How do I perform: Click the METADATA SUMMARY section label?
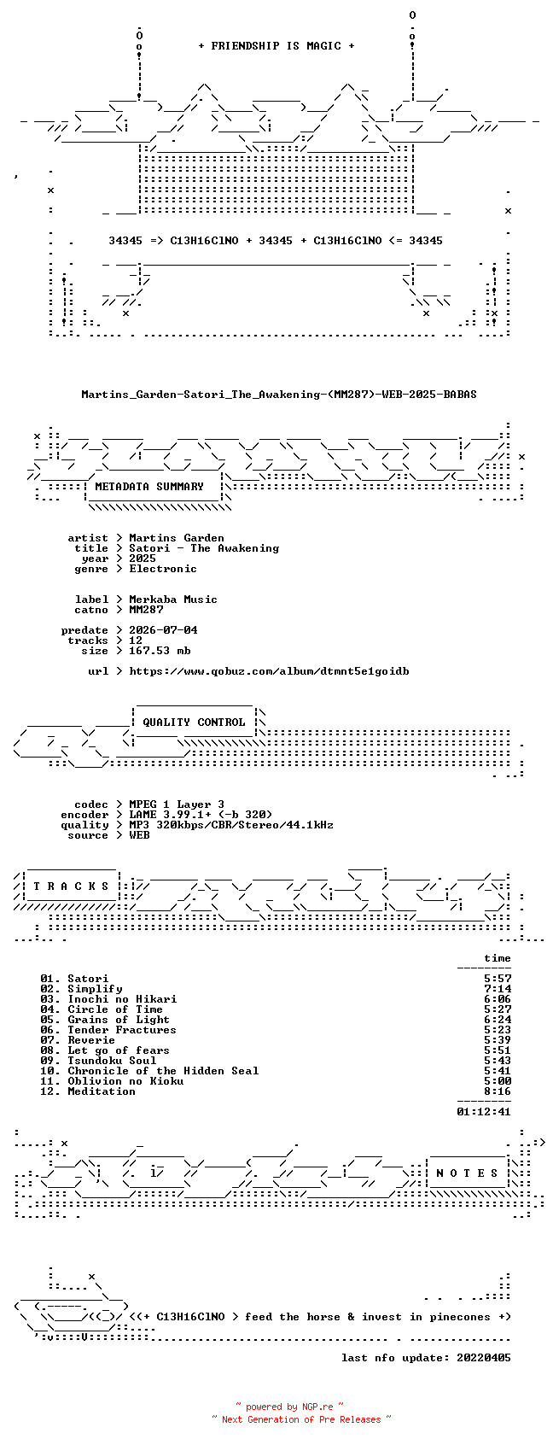(x=148, y=487)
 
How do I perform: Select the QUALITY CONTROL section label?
(x=194, y=722)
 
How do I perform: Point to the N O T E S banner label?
(x=467, y=1173)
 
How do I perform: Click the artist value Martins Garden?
(x=177, y=538)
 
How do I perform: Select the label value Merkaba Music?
(x=173, y=600)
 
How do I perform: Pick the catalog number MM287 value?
(x=146, y=610)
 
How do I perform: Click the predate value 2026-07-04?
(x=163, y=630)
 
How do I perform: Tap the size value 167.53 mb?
(x=160, y=651)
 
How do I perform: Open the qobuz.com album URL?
(x=269, y=671)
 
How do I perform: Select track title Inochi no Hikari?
(x=122, y=999)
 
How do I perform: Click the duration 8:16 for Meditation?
(x=498, y=1091)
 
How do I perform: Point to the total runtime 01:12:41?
(x=484, y=1112)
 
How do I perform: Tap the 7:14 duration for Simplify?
(x=498, y=989)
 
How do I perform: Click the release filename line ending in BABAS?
(x=279, y=395)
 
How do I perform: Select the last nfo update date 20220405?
(x=484, y=1358)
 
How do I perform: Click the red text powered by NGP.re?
(x=289, y=1407)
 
